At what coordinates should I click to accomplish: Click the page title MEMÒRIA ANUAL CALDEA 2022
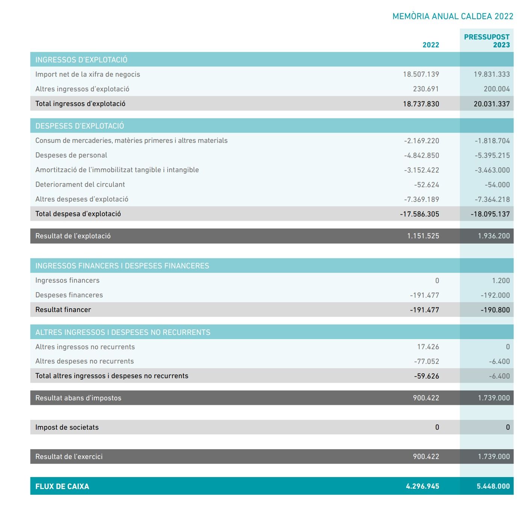(x=453, y=16)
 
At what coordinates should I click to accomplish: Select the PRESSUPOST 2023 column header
(x=487, y=41)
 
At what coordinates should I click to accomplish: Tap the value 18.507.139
(x=421, y=74)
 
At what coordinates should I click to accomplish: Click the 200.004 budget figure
(x=497, y=89)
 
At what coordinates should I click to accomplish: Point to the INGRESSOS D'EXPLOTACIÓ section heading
(x=81, y=60)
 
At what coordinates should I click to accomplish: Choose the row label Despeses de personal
(x=71, y=155)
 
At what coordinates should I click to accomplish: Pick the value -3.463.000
(x=492, y=170)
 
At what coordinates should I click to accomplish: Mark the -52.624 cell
(x=426, y=185)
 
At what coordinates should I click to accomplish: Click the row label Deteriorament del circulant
(x=80, y=185)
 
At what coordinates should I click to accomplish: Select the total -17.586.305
(x=419, y=214)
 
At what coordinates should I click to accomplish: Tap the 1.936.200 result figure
(x=494, y=236)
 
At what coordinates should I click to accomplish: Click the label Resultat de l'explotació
(x=73, y=236)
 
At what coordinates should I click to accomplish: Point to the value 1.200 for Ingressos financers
(x=501, y=280)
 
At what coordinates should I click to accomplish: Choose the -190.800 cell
(x=495, y=310)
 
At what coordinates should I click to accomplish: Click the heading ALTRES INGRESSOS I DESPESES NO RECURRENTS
(x=123, y=332)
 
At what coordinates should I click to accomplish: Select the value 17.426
(x=428, y=347)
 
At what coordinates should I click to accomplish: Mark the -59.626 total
(x=426, y=376)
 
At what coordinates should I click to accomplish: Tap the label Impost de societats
(x=67, y=427)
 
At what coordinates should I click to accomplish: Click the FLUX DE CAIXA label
(x=62, y=486)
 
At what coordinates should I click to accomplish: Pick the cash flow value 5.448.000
(x=493, y=486)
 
